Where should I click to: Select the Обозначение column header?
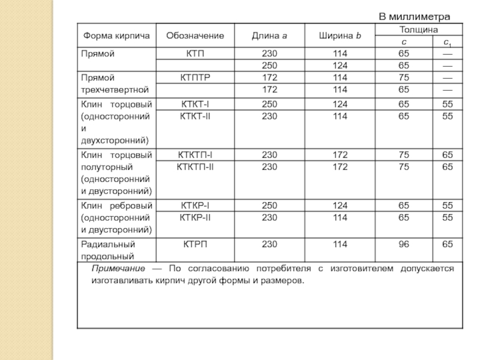click(195, 36)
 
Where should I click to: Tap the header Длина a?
click(269, 36)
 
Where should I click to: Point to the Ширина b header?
click(340, 36)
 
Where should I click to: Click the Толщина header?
click(418, 29)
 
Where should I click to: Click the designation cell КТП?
click(195, 54)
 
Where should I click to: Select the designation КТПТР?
click(195, 77)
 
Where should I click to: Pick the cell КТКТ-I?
click(195, 104)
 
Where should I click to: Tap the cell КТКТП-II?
click(195, 166)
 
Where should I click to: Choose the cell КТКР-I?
click(195, 206)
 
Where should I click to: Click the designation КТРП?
click(195, 244)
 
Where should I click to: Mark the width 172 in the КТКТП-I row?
click(340, 155)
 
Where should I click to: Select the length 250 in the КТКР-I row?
click(269, 206)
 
